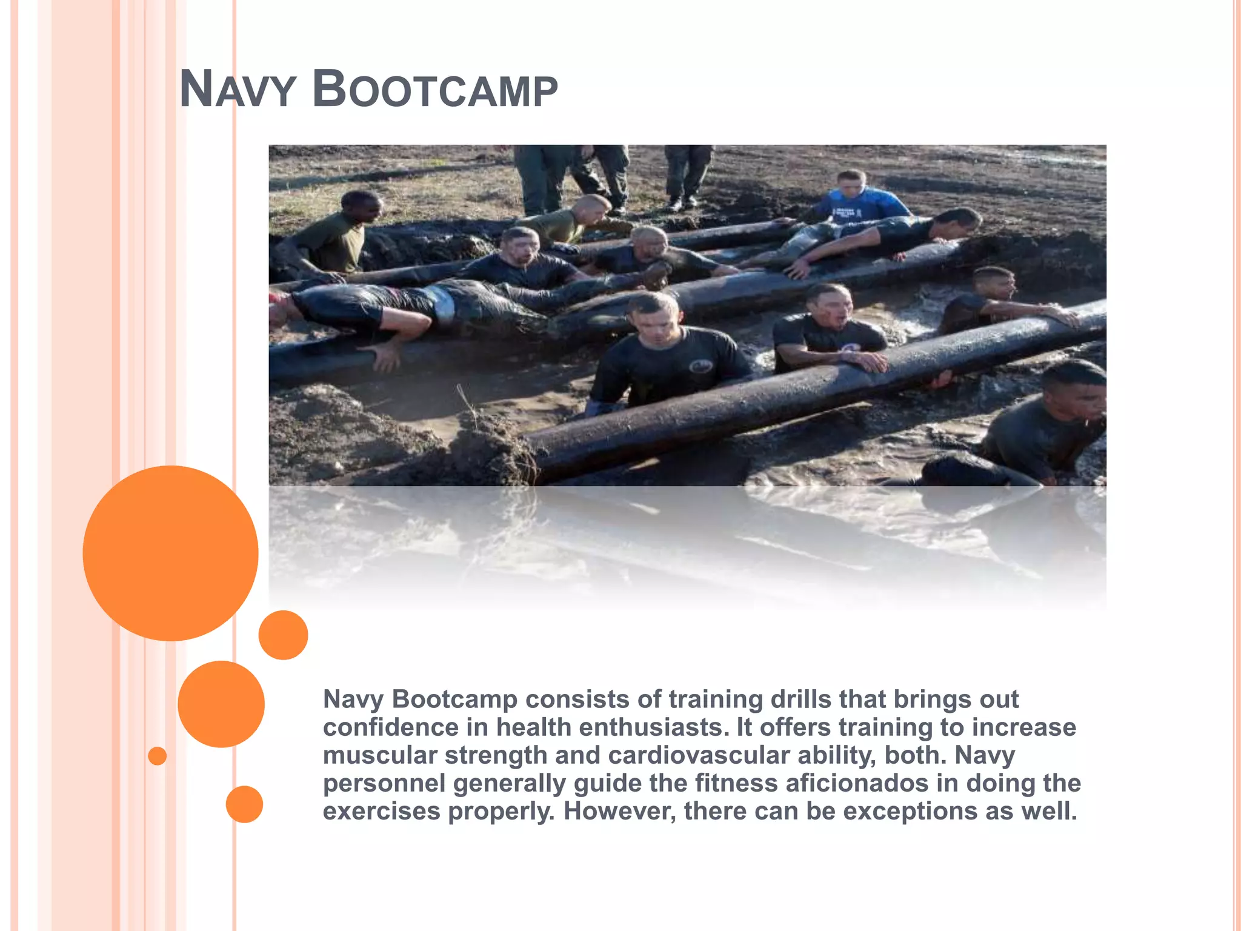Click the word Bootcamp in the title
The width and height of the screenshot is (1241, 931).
click(x=434, y=90)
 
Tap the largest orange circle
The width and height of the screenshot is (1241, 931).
click(x=170, y=553)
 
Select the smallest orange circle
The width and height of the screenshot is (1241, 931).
click(x=157, y=756)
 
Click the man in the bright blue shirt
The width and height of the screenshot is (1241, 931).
click(x=860, y=200)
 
